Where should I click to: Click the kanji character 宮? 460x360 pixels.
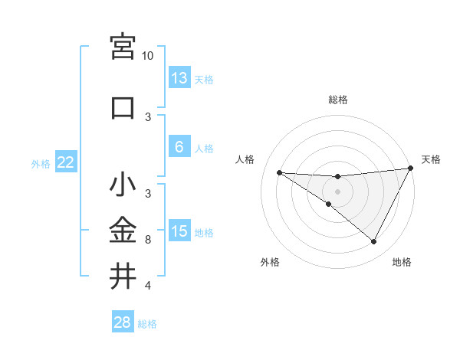tap(123, 47)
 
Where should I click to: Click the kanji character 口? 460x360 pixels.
tap(123, 107)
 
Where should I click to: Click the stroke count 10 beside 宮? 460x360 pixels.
tap(148, 56)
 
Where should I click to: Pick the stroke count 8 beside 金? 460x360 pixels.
tap(148, 240)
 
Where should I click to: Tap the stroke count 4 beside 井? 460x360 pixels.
tap(148, 286)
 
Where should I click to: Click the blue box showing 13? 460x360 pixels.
tap(179, 78)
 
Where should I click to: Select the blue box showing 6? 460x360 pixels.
tap(179, 148)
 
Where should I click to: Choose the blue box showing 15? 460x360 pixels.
tap(179, 232)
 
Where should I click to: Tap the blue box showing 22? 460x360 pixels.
tap(66, 162)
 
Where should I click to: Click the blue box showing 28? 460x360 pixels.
tap(123, 322)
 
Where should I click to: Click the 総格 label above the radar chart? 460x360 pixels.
tap(337, 100)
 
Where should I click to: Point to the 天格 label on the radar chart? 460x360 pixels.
tap(432, 159)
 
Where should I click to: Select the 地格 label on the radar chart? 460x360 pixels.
tap(402, 262)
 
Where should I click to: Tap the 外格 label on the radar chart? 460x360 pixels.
tap(270, 262)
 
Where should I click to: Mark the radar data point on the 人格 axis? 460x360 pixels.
tap(279, 172)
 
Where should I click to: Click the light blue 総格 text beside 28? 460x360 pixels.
tap(147, 324)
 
